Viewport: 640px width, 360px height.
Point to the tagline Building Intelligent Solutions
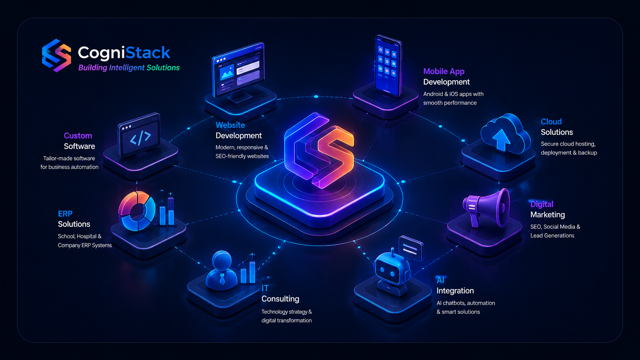coord(129,68)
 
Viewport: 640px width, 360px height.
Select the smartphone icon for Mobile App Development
coord(388,66)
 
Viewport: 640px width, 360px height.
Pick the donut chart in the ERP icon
coord(137,211)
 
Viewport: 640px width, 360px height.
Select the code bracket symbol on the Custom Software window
coord(140,138)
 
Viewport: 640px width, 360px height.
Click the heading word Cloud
coord(551,122)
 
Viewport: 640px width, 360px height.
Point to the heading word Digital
coord(542,204)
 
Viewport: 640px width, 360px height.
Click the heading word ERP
coord(65,213)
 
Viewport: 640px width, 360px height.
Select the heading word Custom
coord(78,135)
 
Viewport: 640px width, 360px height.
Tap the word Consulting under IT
coord(280,299)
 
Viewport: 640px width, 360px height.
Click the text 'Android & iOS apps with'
coord(453,94)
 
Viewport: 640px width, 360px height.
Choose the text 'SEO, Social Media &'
coord(555,227)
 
